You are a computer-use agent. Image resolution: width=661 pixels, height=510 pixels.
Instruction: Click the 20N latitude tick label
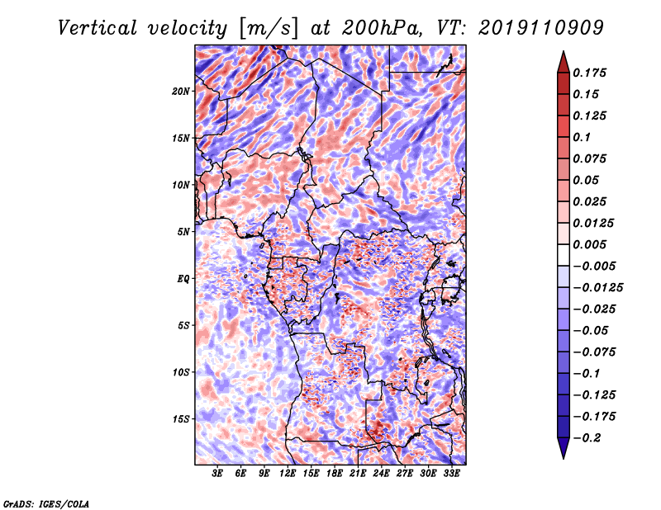click(x=181, y=92)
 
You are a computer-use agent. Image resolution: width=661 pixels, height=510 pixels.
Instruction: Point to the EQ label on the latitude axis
click(x=183, y=279)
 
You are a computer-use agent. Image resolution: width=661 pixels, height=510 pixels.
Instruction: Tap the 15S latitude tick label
click(x=181, y=419)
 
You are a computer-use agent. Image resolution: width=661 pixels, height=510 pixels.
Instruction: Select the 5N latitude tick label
click(x=183, y=232)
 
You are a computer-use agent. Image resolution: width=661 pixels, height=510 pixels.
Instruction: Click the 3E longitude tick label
click(x=217, y=474)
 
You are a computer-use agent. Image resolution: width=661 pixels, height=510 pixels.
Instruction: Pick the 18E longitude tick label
click(x=334, y=474)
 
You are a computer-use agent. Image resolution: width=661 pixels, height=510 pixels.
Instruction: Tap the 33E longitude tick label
click(x=451, y=474)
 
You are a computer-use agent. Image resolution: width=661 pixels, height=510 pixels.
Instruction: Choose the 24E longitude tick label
click(x=381, y=474)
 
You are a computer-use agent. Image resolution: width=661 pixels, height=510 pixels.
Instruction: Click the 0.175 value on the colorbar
click(x=589, y=73)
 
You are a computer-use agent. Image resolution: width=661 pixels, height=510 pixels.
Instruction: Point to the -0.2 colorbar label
click(x=586, y=438)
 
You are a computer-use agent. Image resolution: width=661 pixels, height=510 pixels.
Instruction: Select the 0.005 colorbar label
click(x=589, y=244)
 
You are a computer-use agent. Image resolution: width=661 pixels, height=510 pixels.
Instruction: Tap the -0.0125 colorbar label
click(x=597, y=288)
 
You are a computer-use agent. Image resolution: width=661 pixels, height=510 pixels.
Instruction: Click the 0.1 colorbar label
click(x=582, y=137)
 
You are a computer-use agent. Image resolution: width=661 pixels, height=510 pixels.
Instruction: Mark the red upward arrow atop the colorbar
click(x=564, y=62)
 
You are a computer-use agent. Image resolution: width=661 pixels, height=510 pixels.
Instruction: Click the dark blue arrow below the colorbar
click(x=564, y=448)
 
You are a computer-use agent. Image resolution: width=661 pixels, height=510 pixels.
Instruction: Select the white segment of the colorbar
click(x=564, y=255)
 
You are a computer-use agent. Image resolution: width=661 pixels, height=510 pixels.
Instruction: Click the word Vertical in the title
click(x=97, y=28)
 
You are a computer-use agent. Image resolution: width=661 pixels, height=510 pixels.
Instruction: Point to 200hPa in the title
click(x=382, y=28)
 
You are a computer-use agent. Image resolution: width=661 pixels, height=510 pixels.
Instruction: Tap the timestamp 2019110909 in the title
click(x=541, y=28)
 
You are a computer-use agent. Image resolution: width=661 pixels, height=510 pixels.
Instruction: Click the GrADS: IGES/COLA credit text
click(x=46, y=503)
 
